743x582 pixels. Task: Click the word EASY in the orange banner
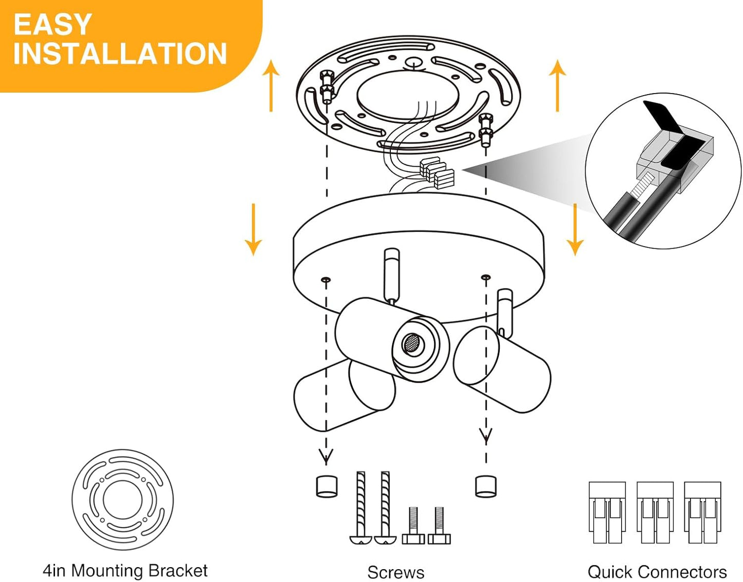click(x=52, y=25)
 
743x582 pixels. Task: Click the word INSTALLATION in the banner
click(x=120, y=53)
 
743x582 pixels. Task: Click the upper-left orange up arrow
click(x=271, y=85)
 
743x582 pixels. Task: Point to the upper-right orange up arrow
click(x=558, y=85)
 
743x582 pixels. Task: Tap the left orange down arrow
click(x=253, y=229)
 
